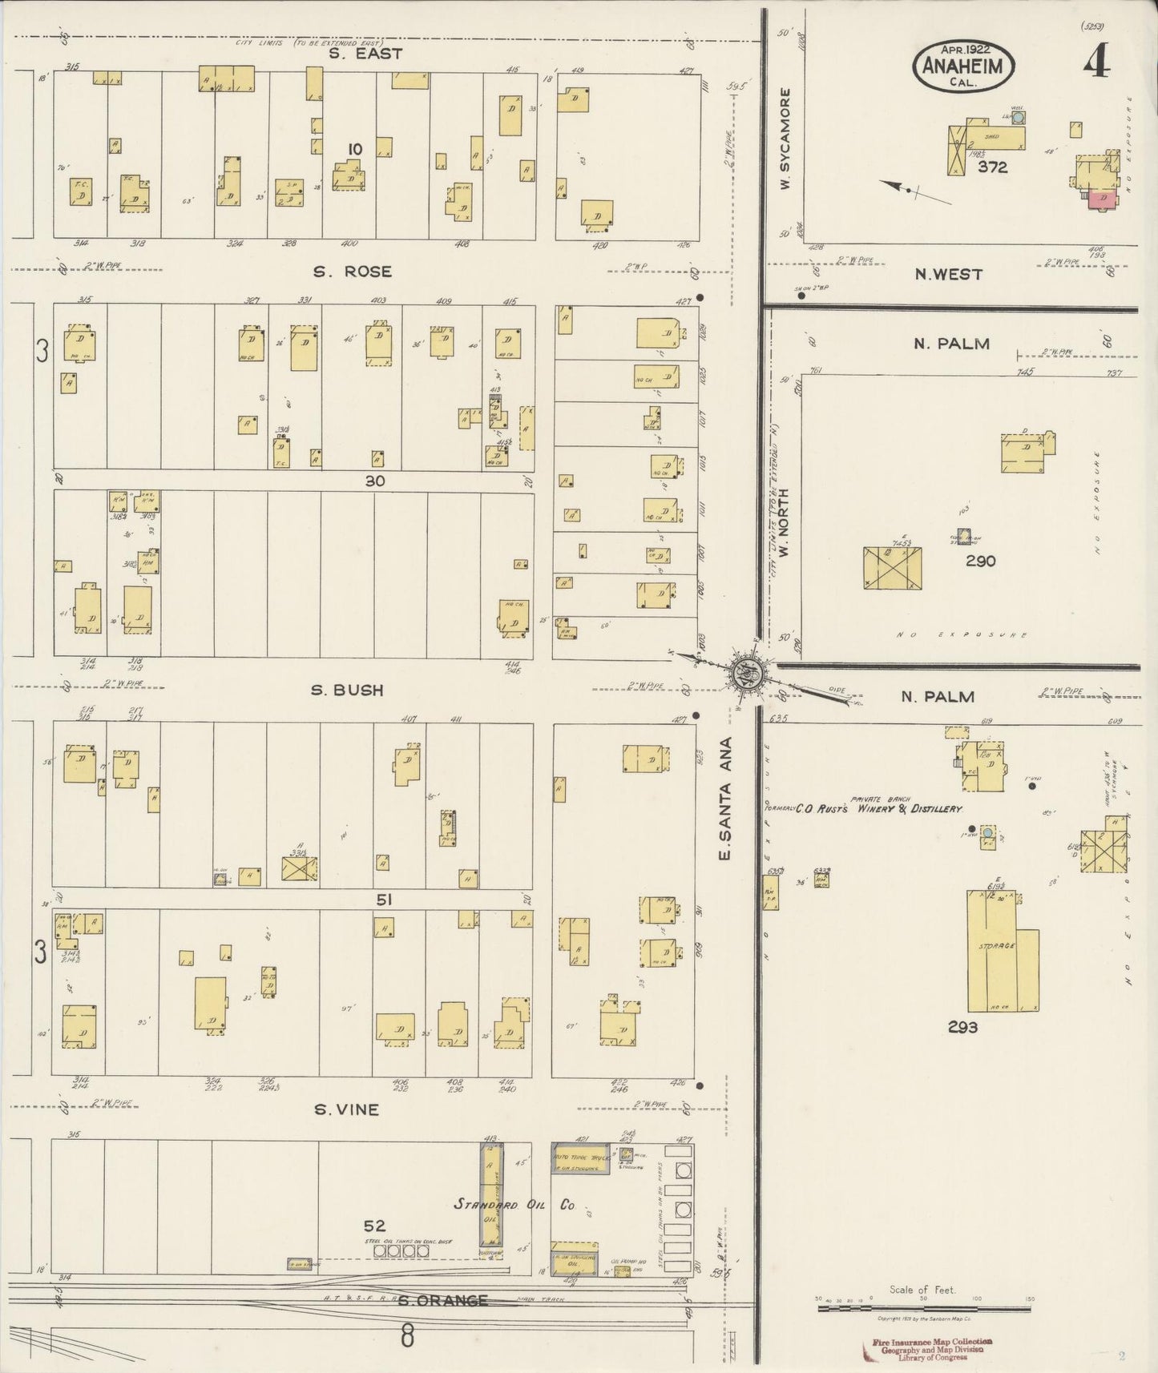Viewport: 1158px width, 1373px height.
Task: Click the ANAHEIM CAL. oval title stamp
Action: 962,66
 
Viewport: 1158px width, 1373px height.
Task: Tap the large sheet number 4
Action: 1096,62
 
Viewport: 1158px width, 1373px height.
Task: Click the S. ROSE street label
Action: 353,272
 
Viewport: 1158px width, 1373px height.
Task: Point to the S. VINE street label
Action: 345,1110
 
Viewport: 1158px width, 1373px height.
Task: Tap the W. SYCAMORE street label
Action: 786,139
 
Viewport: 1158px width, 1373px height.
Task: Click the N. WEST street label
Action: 948,275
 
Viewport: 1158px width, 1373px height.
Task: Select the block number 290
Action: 980,561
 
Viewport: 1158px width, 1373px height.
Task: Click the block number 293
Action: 962,1027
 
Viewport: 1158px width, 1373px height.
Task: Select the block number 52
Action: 374,1226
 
